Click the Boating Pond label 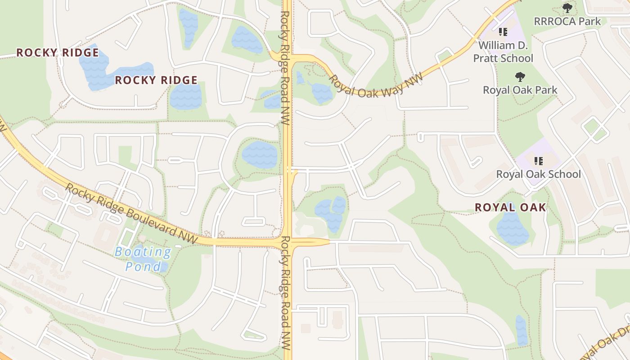[143, 259]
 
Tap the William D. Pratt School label [503, 52]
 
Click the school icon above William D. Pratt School [503, 32]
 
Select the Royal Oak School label [539, 174]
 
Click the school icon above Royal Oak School [539, 160]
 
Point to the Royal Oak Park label [520, 90]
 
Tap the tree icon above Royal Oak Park [520, 76]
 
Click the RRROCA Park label [567, 21]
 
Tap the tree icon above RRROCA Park [567, 8]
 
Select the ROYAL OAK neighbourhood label [511, 207]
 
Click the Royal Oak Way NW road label [376, 85]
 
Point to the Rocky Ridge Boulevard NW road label [131, 213]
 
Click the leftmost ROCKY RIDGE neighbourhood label [58, 53]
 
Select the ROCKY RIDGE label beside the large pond [156, 81]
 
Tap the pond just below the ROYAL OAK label [512, 229]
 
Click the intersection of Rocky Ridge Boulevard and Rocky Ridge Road [288, 242]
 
